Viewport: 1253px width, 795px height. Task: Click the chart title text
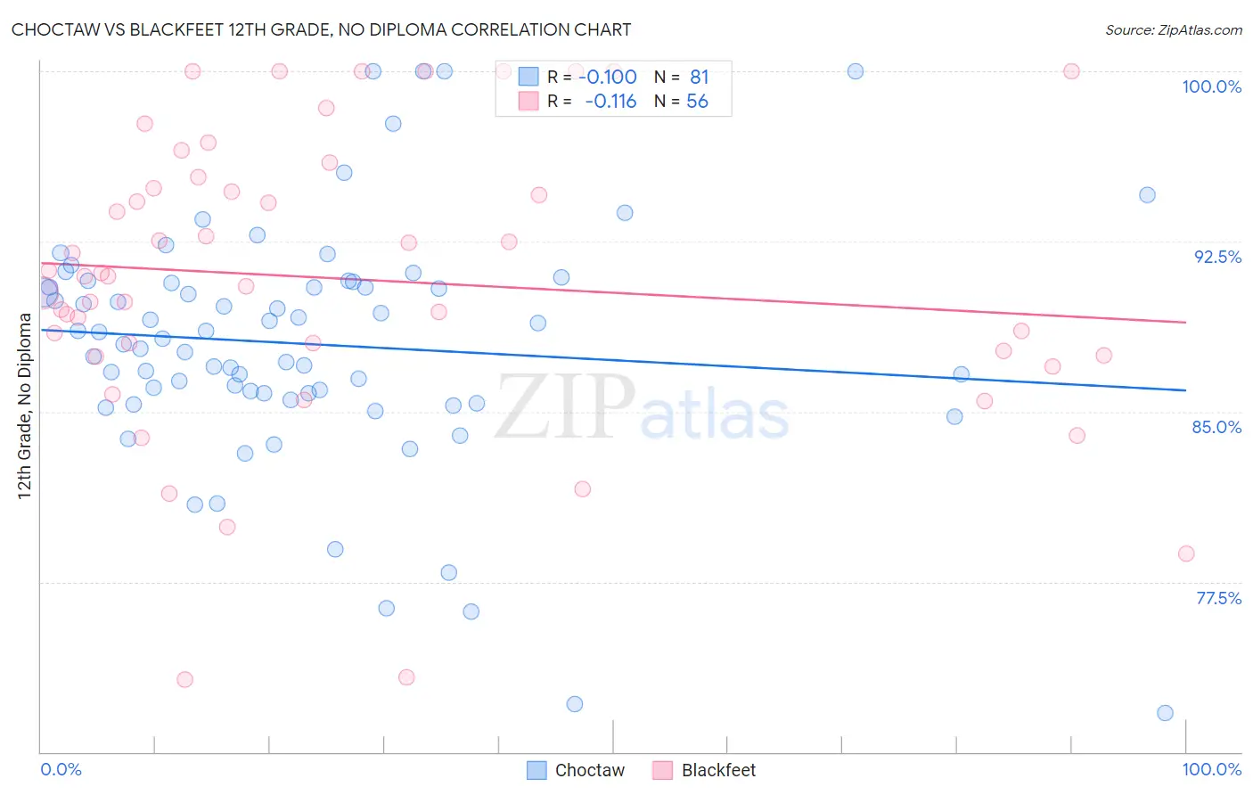click(x=321, y=29)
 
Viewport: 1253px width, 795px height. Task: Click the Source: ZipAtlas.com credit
click(x=1173, y=29)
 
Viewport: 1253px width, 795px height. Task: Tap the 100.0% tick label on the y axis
click(x=1211, y=86)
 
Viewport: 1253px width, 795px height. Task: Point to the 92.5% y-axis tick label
click(x=1217, y=257)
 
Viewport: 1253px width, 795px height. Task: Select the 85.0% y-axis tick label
click(x=1216, y=427)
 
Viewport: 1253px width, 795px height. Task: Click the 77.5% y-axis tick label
click(x=1218, y=598)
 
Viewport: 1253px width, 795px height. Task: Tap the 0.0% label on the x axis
click(x=61, y=769)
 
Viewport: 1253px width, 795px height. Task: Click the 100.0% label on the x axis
click(x=1211, y=769)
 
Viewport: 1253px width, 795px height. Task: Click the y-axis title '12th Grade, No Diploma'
click(x=25, y=406)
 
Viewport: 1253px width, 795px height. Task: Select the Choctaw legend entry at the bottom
click(x=576, y=770)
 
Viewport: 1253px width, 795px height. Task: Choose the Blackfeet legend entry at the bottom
click(x=704, y=770)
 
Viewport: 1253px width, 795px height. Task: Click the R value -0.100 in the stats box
click(x=608, y=77)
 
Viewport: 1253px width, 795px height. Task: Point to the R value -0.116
click(x=610, y=101)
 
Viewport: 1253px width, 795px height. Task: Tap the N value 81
click(x=699, y=77)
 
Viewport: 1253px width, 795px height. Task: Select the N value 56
click(x=697, y=101)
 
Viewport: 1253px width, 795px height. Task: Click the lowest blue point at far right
click(x=1165, y=713)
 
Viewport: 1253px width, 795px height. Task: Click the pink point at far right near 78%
click(x=1185, y=553)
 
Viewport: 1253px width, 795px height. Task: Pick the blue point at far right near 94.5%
click(x=1147, y=195)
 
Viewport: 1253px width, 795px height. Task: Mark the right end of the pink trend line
click(x=1185, y=322)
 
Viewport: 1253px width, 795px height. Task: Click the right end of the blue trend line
click(x=1185, y=390)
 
